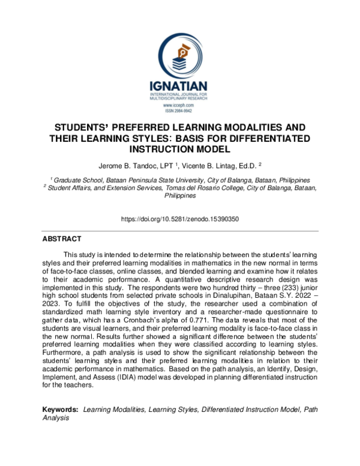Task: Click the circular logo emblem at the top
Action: tap(179, 55)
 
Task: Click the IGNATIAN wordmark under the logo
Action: tap(179, 86)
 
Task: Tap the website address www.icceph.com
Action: tap(179, 105)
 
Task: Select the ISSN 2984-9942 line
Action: tap(179, 111)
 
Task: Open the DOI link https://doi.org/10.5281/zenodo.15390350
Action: tap(179, 219)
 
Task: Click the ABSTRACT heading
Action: tap(62, 238)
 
